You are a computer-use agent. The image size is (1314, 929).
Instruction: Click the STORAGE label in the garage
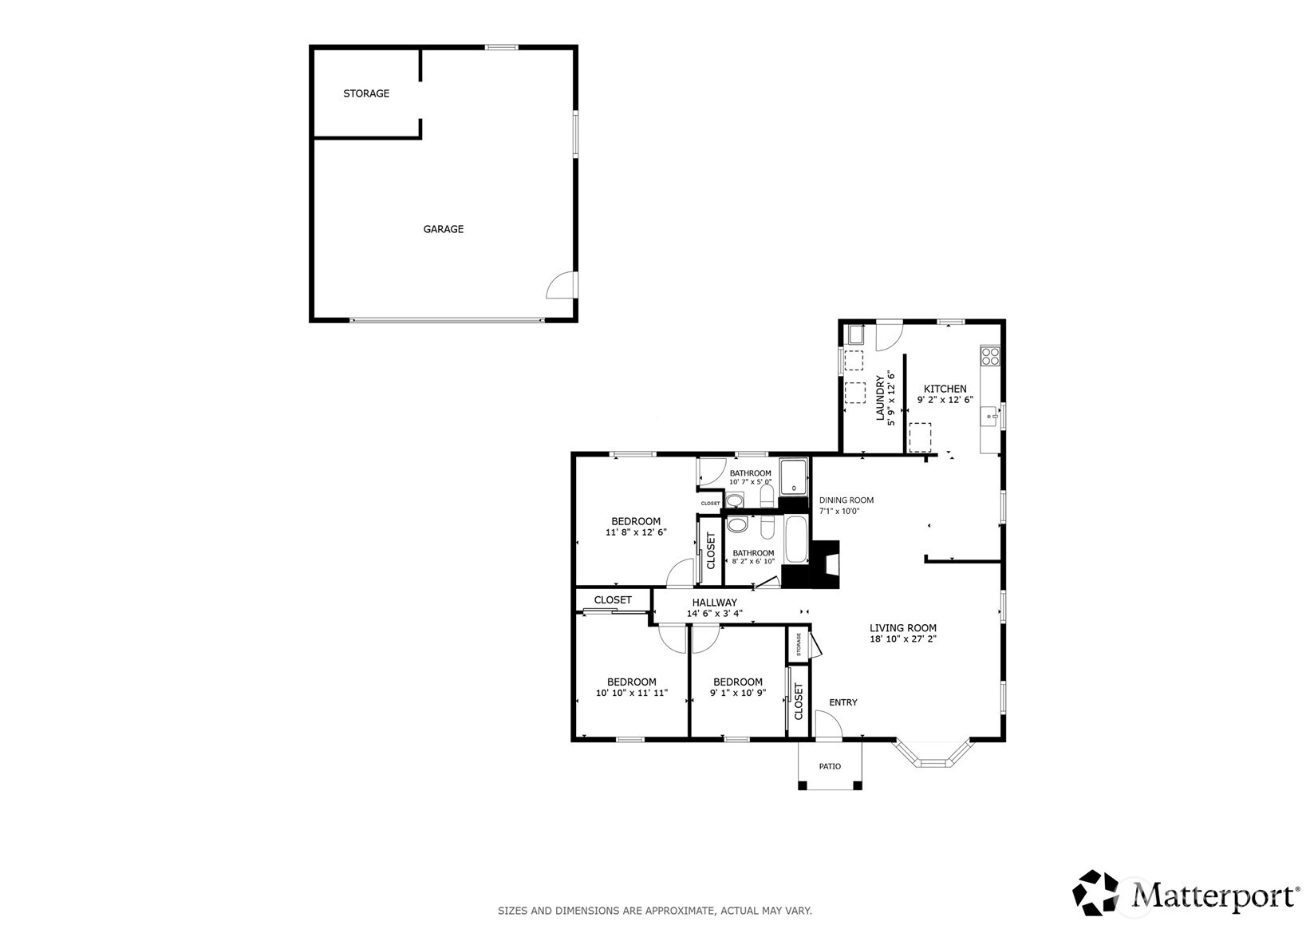tap(366, 93)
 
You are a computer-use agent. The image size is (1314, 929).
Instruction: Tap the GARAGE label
tap(443, 229)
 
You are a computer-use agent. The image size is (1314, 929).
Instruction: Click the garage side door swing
tap(561, 285)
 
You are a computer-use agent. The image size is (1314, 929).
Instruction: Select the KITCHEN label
tap(945, 389)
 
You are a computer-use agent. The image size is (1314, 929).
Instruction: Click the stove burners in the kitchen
tap(990, 355)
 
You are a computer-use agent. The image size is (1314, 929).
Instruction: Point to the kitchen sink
tap(990, 417)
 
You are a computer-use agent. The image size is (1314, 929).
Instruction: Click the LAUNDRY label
tap(881, 397)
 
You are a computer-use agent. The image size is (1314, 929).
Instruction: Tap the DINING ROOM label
tap(846, 500)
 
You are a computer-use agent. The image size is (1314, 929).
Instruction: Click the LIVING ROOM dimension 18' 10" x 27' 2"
tap(902, 638)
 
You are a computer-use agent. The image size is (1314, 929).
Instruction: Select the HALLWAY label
tap(714, 603)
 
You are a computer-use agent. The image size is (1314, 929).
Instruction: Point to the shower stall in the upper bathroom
tap(793, 476)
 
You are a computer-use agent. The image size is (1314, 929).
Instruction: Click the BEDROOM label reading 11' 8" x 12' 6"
tap(636, 521)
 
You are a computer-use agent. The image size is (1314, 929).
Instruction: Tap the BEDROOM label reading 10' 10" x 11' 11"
tap(631, 682)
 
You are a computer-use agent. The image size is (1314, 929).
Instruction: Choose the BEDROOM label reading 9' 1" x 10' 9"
tap(737, 682)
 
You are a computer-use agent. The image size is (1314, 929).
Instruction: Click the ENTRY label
tap(842, 702)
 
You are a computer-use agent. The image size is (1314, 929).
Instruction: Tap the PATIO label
tap(830, 766)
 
